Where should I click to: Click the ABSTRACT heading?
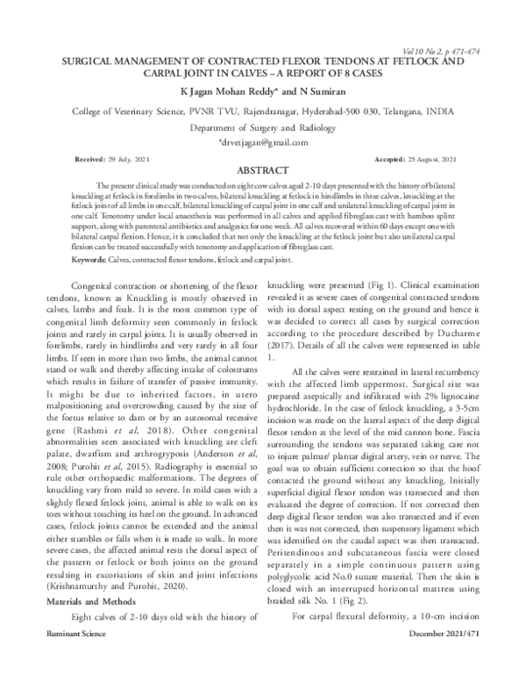263,170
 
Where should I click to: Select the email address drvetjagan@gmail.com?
263,142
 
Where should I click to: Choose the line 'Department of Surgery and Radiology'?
263,127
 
